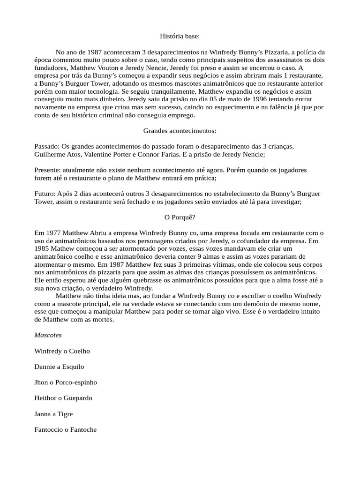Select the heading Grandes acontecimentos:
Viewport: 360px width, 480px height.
pyautogui.click(x=180, y=130)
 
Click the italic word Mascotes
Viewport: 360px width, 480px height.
pyautogui.click(x=48, y=335)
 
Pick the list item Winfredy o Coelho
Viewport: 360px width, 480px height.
pyautogui.click(x=62, y=351)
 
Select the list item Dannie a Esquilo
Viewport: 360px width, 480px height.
pyautogui.click(x=60, y=367)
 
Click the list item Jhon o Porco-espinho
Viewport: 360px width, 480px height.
pyautogui.click(x=66, y=382)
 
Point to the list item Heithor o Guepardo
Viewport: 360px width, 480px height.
pyautogui.click(x=63, y=398)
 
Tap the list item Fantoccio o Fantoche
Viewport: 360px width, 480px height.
pyautogui.click(x=66, y=429)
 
